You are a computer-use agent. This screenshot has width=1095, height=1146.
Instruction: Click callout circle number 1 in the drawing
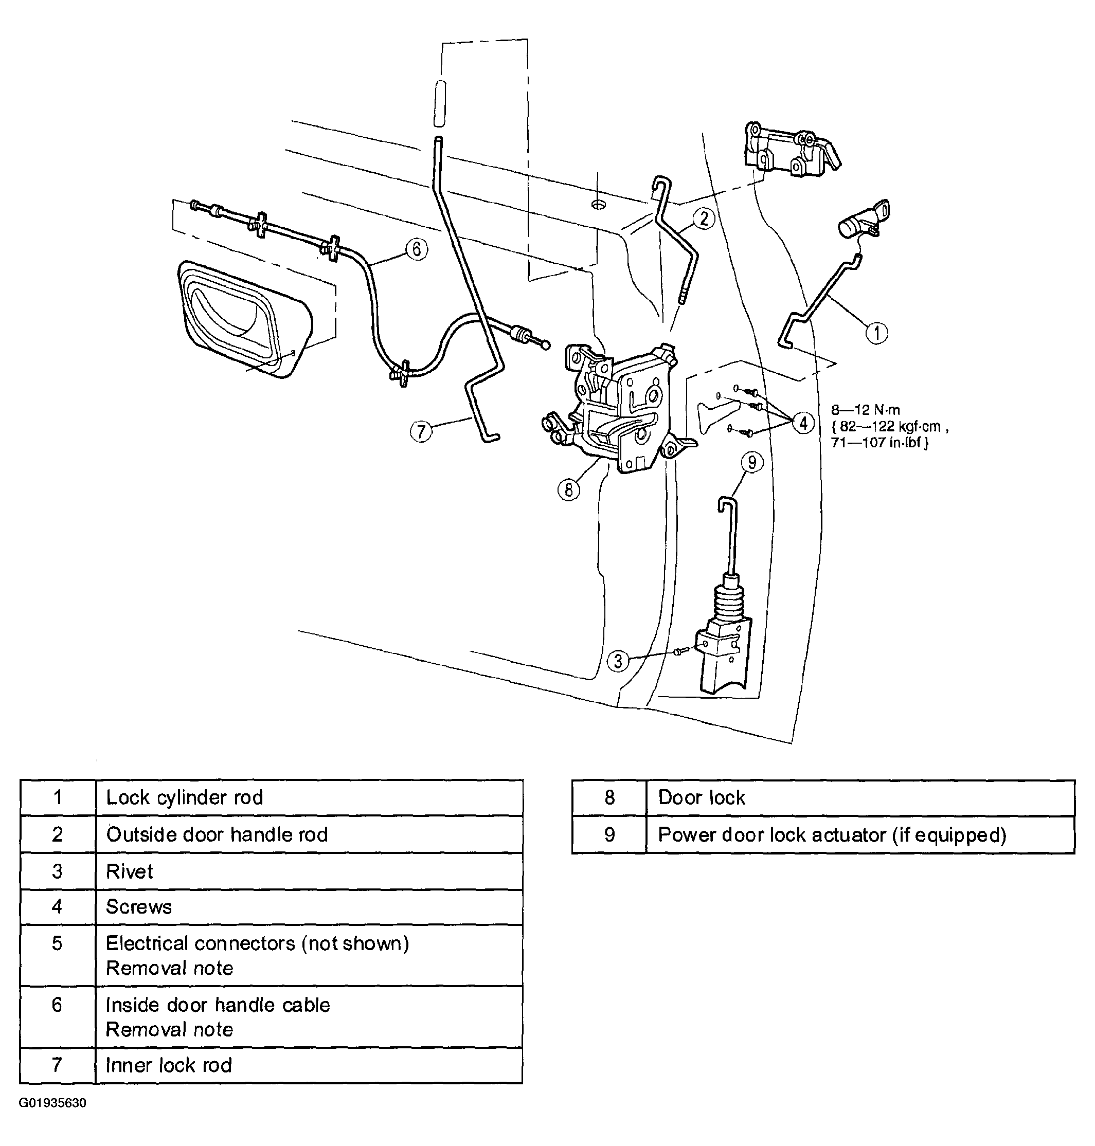tap(876, 333)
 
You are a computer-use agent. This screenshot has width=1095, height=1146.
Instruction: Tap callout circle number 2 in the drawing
tap(705, 219)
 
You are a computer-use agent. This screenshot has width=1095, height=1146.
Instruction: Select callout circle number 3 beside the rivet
tap(618, 661)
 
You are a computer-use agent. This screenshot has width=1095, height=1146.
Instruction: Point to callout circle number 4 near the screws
tap(804, 423)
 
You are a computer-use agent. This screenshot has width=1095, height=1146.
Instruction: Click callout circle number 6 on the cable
tap(416, 250)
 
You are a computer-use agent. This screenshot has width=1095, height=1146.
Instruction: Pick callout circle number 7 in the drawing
tap(421, 431)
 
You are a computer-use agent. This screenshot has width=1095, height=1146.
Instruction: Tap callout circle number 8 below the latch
tap(569, 489)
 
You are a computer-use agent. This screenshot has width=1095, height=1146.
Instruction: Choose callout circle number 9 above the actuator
tap(752, 463)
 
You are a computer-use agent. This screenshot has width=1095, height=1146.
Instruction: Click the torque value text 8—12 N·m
tap(866, 410)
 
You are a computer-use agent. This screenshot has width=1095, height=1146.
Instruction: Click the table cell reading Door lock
tap(702, 797)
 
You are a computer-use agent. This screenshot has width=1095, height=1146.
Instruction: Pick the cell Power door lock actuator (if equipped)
tap(832, 835)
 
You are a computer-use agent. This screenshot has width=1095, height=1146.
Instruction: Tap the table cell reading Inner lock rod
tap(169, 1065)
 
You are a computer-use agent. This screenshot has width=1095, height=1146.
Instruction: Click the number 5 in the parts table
tap(57, 943)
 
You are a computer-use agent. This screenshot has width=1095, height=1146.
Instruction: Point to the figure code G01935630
tap(52, 1103)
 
